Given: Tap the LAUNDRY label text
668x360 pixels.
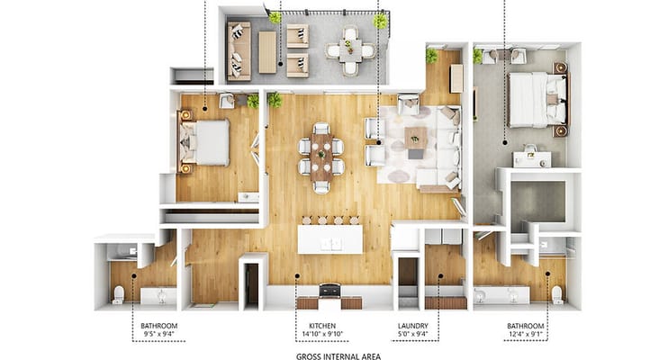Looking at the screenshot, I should pyautogui.click(x=411, y=325).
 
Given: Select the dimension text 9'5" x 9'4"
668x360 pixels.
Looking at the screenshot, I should pyautogui.click(x=158, y=334).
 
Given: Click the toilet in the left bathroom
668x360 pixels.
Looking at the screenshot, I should pyautogui.click(x=118, y=294).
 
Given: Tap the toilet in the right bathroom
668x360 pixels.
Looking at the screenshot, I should pyautogui.click(x=556, y=294).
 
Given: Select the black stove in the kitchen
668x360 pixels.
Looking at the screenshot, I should pyautogui.click(x=329, y=290).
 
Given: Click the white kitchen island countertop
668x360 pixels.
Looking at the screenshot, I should pyautogui.click(x=330, y=238).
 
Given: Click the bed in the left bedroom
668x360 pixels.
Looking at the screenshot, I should pyautogui.click(x=208, y=142).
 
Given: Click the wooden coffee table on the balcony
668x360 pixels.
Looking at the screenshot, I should pyautogui.click(x=267, y=51).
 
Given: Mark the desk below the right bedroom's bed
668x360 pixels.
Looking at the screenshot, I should pyautogui.click(x=532, y=158).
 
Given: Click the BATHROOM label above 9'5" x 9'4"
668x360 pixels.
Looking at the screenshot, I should pyautogui.click(x=158, y=325).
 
